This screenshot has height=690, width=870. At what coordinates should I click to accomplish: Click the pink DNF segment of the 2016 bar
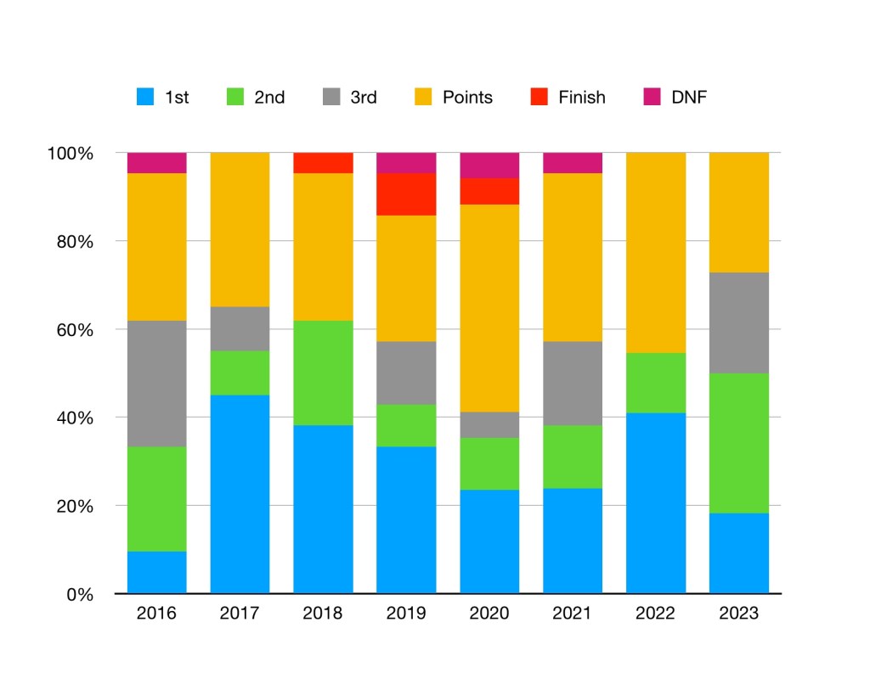(x=156, y=163)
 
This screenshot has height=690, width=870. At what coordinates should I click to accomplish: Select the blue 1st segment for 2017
(x=240, y=494)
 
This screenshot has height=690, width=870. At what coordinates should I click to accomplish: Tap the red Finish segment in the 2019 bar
(x=406, y=194)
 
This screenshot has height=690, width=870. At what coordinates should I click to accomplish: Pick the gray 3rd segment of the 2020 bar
(x=489, y=424)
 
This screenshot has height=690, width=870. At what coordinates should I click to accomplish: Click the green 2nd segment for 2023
(x=739, y=443)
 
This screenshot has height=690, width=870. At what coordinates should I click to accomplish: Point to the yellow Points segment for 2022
(x=656, y=253)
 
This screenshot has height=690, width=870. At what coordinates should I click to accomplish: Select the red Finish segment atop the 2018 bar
(x=323, y=163)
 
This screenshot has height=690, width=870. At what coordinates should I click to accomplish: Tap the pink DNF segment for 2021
(x=573, y=163)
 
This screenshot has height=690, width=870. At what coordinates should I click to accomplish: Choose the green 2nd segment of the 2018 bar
(x=323, y=373)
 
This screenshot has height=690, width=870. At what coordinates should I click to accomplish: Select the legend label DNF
(x=689, y=98)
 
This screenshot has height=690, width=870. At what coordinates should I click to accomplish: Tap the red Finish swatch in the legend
(x=540, y=98)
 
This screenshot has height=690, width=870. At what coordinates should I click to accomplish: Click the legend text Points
(x=467, y=98)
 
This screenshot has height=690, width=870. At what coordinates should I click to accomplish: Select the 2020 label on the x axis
(x=489, y=614)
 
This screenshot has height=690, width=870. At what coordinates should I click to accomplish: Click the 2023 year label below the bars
(x=739, y=614)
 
